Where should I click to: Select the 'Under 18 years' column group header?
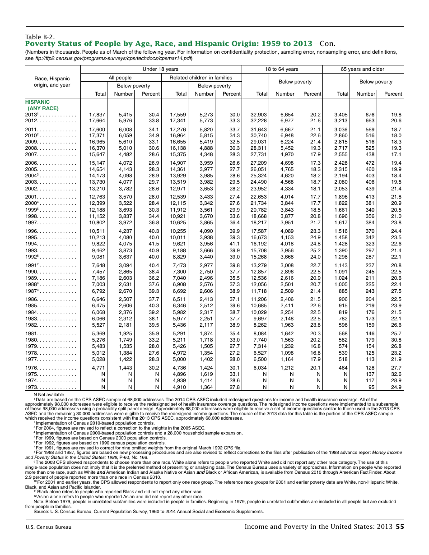(160, 69)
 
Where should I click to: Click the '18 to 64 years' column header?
(281, 69)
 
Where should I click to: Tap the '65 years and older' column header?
(363, 69)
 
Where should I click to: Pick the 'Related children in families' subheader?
(201, 78)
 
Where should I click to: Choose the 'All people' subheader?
(120, 78)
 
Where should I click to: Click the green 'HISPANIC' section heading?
(38, 102)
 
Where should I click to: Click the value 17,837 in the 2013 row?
(98, 115)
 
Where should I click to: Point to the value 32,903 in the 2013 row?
(259, 115)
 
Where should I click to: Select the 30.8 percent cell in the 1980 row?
(396, 340)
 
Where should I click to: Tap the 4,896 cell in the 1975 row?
(178, 374)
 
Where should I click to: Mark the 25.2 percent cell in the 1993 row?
(314, 250)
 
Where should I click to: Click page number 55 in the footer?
(400, 527)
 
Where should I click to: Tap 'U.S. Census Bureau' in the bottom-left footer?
(48, 527)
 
